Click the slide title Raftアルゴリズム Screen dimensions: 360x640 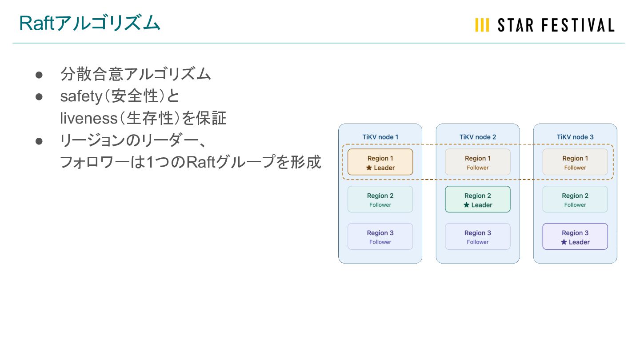[x=89, y=24]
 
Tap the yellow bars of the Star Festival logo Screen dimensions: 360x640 [x=482, y=25]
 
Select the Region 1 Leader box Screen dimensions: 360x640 [x=380, y=162]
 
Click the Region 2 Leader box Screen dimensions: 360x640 [x=478, y=200]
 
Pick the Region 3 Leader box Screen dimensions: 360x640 [x=575, y=237]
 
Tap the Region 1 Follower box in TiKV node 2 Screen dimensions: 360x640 [x=478, y=162]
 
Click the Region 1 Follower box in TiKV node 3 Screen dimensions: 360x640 [x=575, y=162]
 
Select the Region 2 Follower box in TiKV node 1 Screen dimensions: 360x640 [x=380, y=200]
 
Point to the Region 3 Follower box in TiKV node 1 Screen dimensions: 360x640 [x=380, y=237]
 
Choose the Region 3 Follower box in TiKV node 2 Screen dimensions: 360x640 [x=478, y=237]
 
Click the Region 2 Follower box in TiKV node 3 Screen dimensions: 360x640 [x=575, y=200]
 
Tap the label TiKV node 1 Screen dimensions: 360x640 [x=380, y=137]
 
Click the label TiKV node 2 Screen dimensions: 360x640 [x=478, y=137]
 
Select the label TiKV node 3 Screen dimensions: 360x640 [x=575, y=137]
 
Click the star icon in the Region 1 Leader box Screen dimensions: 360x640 [x=369, y=168]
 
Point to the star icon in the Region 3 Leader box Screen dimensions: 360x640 [x=564, y=242]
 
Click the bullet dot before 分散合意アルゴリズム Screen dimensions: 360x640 [x=39, y=75]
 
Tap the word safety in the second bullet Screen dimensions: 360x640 [x=81, y=96]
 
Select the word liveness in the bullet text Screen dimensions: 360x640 [x=87, y=118]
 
